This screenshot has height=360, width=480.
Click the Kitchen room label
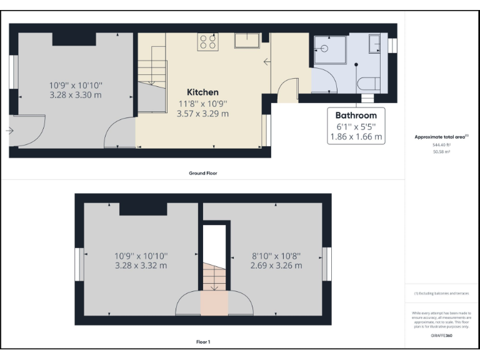pos(202,92)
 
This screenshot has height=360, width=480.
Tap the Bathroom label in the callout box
pos(356,115)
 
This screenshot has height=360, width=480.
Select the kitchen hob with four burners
pos(208,41)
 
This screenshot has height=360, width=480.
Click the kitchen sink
pos(247,41)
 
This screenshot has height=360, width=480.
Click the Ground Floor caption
pos(203,172)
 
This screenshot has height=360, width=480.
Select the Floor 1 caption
pos(203,342)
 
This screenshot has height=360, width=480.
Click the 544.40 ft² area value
pos(441,144)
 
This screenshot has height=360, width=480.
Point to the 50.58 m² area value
pos(441,150)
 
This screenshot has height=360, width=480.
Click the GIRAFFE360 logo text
pos(441,336)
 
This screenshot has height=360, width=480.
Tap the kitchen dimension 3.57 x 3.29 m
pos(202,114)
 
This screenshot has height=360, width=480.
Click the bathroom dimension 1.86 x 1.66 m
pos(356,136)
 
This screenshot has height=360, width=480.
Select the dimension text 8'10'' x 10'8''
pos(276,256)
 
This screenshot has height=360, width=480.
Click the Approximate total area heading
pos(441,136)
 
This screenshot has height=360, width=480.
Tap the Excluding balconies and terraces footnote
pos(441,293)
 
